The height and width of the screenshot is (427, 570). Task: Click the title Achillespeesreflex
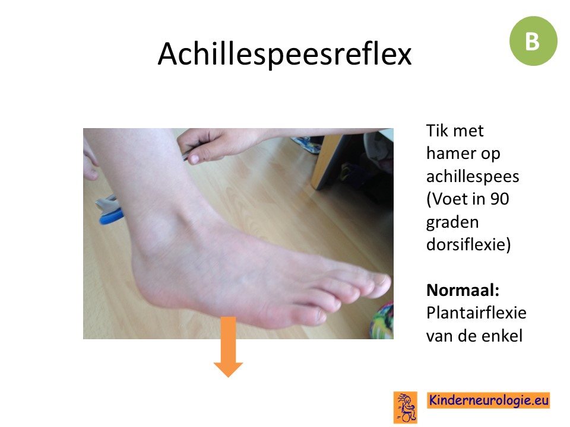(284, 54)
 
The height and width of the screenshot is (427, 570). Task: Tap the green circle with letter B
(533, 41)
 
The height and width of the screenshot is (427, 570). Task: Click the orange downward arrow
(228, 347)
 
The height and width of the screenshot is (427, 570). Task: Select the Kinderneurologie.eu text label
(489, 400)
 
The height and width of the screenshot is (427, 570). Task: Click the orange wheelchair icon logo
(406, 407)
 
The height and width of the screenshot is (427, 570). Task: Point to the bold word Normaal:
(463, 290)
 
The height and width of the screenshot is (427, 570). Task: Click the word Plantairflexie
(476, 313)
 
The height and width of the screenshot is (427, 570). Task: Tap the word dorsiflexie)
(468, 244)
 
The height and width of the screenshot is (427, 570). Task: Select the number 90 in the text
(499, 199)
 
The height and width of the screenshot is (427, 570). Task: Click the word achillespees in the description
(473, 177)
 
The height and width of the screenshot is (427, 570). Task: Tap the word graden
(452, 222)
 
